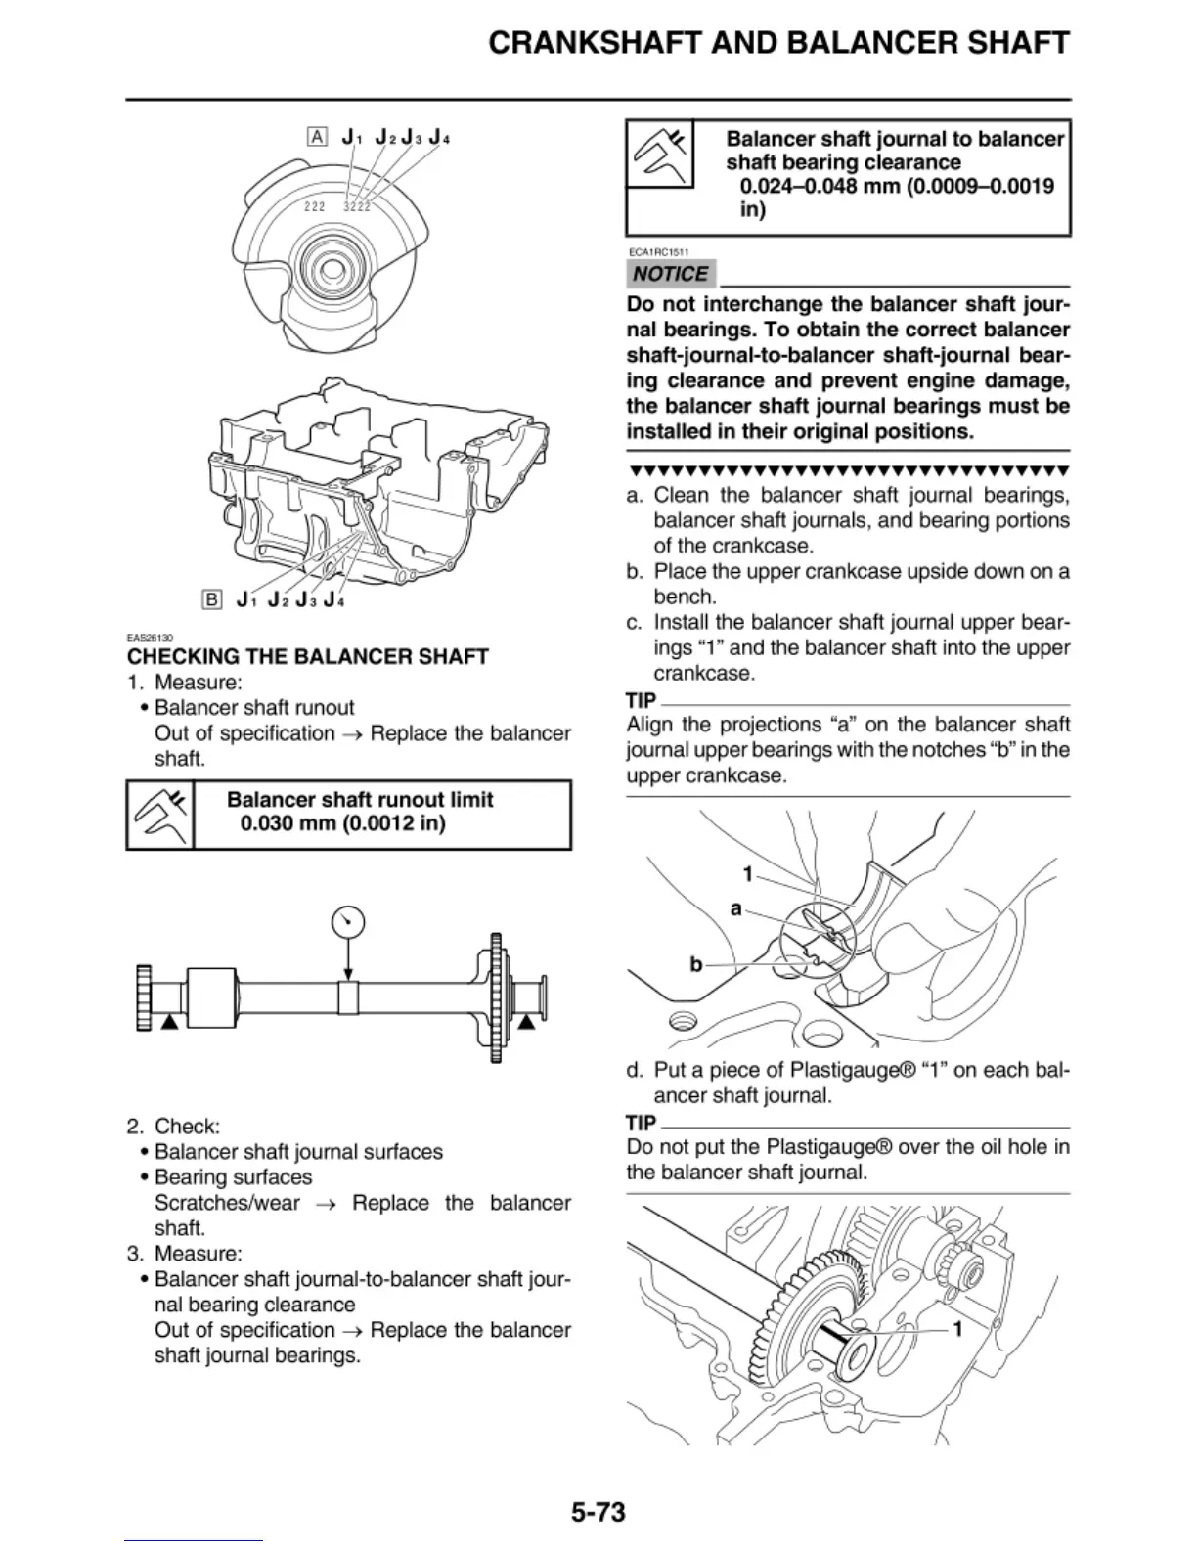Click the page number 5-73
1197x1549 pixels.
coord(598,1512)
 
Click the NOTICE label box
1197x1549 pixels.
coord(670,274)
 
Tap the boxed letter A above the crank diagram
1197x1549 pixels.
coord(317,137)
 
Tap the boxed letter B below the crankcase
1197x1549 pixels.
coord(212,599)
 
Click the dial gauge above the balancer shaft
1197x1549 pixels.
coord(348,921)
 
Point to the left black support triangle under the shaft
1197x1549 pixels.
coord(169,1021)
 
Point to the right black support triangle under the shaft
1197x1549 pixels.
coord(527,1021)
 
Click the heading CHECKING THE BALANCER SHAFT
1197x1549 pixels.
coord(308,656)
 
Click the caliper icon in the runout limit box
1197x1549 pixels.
coord(160,815)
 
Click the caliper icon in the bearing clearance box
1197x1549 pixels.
coord(660,154)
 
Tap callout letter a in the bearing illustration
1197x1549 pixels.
coord(735,908)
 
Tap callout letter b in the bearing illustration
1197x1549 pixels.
coord(696,964)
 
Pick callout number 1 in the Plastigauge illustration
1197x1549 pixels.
coord(957,1329)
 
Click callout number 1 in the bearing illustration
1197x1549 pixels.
coord(747,873)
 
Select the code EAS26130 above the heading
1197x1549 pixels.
coord(150,637)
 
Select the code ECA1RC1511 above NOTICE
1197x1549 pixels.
coord(659,251)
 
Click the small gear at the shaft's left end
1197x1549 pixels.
coord(144,996)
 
